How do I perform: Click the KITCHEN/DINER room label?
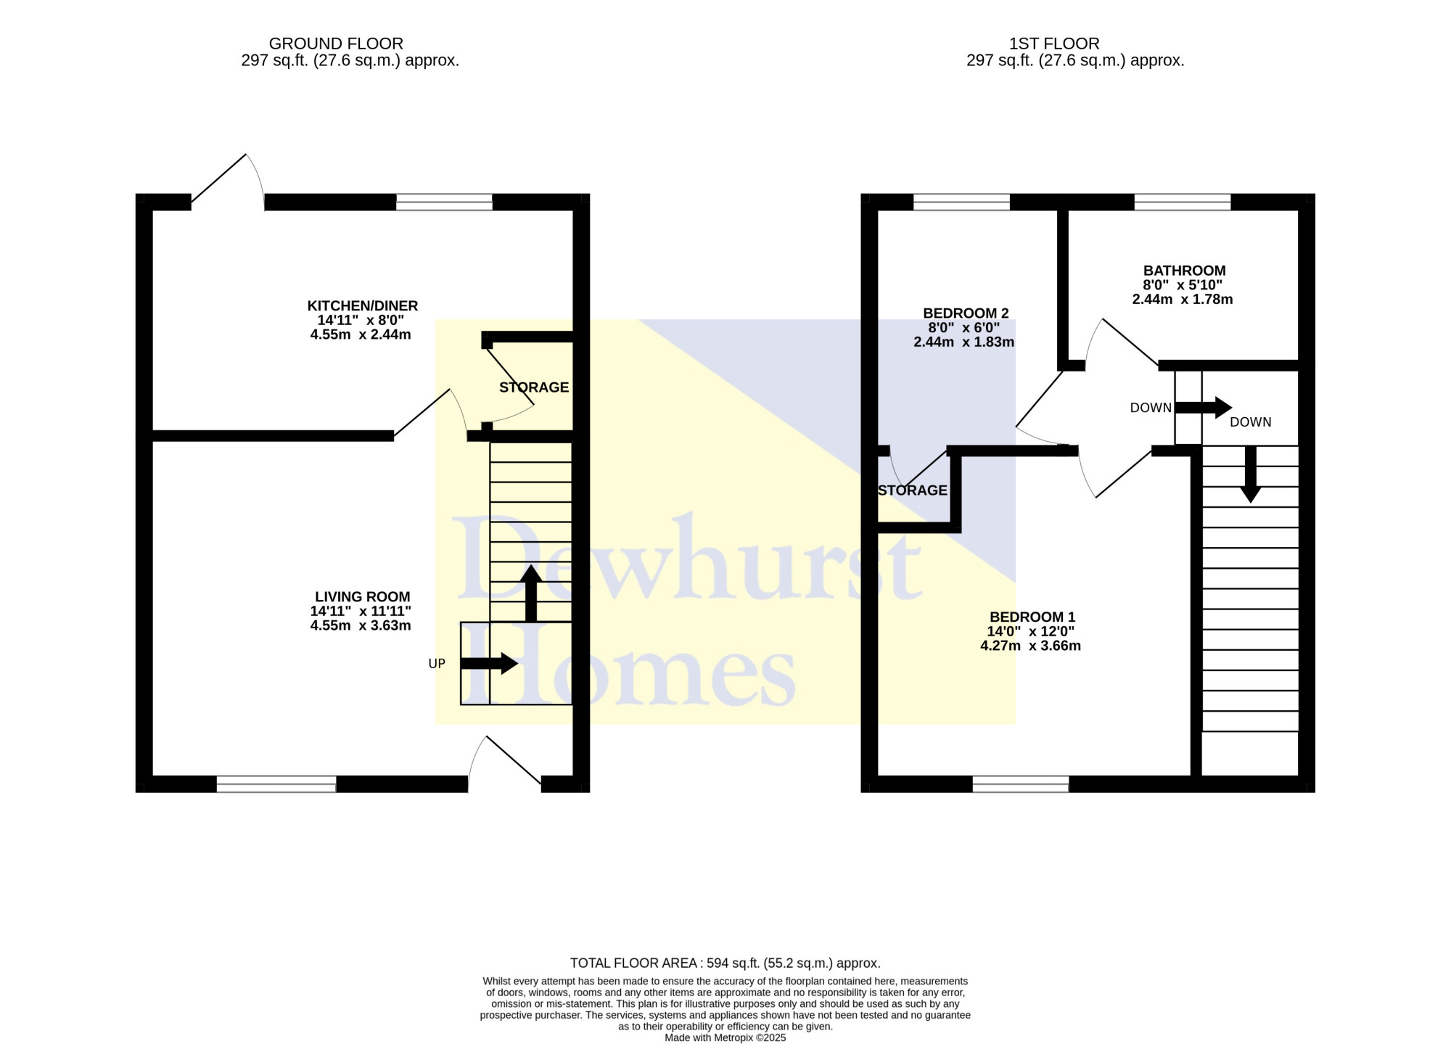click(363, 306)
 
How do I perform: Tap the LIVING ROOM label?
click(363, 597)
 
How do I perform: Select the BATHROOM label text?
click(1185, 271)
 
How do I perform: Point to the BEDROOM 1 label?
click(1032, 617)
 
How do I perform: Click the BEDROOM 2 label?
click(966, 313)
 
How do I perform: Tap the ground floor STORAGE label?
click(534, 387)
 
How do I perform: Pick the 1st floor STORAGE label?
click(913, 490)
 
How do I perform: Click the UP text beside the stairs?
click(437, 664)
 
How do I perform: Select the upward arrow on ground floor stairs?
click(531, 593)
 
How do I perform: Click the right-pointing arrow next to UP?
click(489, 663)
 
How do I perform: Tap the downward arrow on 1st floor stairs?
click(1250, 474)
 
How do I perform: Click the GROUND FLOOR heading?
click(336, 44)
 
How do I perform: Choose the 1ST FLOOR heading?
click(1054, 44)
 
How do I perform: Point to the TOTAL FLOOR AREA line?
click(725, 963)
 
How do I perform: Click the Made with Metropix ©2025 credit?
click(725, 1038)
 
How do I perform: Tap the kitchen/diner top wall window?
click(444, 202)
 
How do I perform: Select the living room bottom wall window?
click(276, 784)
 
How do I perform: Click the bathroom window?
click(1183, 202)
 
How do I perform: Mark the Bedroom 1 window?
click(1021, 784)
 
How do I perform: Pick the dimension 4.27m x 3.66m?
click(1031, 646)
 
